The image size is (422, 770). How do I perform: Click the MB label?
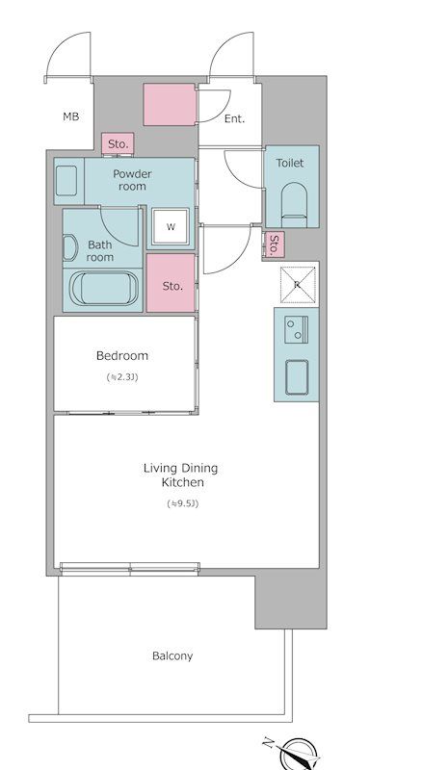tap(71, 116)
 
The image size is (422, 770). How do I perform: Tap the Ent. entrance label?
tap(235, 118)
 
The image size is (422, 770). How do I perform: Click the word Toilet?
tap(290, 163)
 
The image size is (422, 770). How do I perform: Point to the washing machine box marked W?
tap(171, 226)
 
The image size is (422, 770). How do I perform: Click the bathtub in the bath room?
tap(103, 289)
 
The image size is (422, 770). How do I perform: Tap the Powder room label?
tap(132, 180)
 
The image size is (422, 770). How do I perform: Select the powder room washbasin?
tap(66, 181)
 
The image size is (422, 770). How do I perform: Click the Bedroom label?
tap(122, 355)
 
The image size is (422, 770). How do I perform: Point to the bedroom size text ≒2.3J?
tap(122, 377)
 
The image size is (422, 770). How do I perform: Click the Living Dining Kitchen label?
tap(180, 475)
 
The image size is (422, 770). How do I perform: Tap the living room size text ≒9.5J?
tap(182, 503)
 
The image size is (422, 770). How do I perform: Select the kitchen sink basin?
tap(297, 377)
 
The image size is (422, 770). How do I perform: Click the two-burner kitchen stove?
tap(297, 329)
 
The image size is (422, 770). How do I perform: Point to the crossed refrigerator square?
tap(298, 284)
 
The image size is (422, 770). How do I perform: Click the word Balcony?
tap(172, 656)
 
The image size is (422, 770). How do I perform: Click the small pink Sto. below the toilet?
tap(274, 244)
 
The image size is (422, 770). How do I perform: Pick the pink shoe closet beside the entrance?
tap(171, 104)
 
